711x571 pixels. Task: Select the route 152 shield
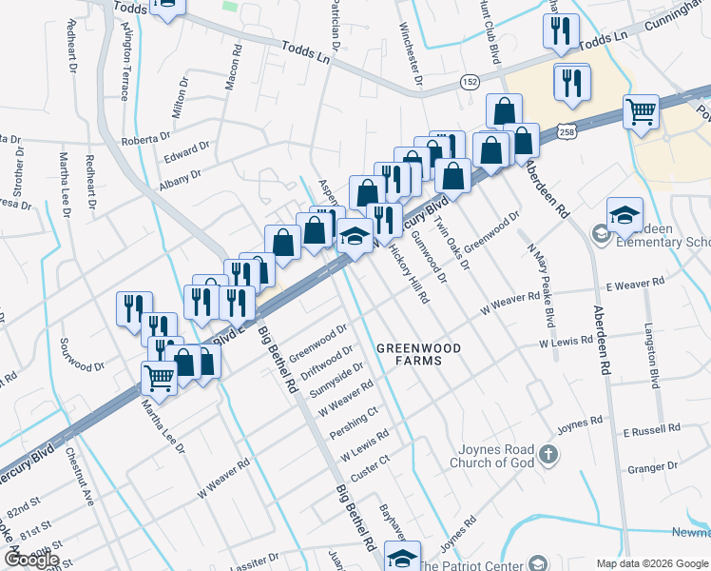pyautogui.click(x=469, y=82)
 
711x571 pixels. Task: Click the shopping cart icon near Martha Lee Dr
pyautogui.click(x=160, y=378)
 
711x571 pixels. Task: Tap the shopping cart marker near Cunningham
pyautogui.click(x=642, y=112)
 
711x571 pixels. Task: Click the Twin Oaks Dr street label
pyautogui.click(x=452, y=244)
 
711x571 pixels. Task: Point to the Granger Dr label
pyautogui.click(x=652, y=466)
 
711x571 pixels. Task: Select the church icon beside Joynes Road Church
pyautogui.click(x=547, y=455)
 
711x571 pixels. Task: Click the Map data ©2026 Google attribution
pyautogui.click(x=653, y=563)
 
